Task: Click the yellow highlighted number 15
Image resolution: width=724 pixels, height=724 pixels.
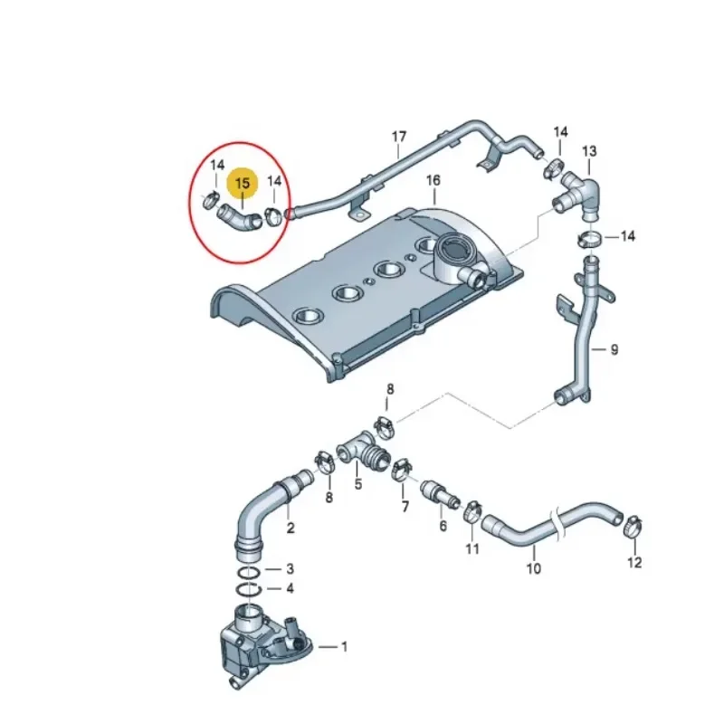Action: [x=243, y=184]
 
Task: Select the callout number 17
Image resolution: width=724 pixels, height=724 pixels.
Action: [x=399, y=138]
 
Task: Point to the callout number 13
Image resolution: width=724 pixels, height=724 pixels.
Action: [x=589, y=150]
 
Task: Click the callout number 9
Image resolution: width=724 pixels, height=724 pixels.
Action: [x=614, y=349]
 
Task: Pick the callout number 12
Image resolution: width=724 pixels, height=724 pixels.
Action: [x=633, y=562]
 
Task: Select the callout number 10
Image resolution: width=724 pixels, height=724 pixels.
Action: [x=533, y=568]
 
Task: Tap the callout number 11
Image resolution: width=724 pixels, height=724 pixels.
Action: [x=472, y=549]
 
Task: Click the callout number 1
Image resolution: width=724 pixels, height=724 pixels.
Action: [x=344, y=646]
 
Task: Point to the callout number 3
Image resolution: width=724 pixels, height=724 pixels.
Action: [x=290, y=568]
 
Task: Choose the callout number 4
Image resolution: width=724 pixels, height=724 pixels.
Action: [x=290, y=588]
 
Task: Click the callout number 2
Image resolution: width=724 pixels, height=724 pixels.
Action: [x=290, y=528]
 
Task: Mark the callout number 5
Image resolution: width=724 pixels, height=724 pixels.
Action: [x=357, y=484]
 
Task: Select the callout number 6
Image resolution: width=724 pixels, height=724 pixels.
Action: [x=443, y=526]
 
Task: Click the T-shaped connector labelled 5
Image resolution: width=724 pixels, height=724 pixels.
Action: [x=361, y=450]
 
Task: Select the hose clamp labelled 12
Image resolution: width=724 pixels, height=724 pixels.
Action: [x=632, y=524]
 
